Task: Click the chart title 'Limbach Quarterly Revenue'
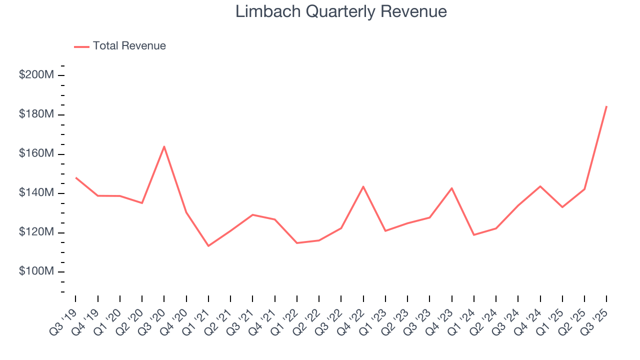341,11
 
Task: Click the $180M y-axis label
36,114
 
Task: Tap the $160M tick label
36,154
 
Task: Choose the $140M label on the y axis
36,193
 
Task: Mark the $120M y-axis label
36,232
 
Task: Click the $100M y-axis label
36,271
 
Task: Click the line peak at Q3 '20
164,146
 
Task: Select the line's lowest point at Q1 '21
208,245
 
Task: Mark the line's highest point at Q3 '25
606,106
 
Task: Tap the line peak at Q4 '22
363,186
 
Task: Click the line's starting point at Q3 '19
76,177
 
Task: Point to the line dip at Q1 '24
473,235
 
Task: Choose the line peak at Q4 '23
451,188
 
